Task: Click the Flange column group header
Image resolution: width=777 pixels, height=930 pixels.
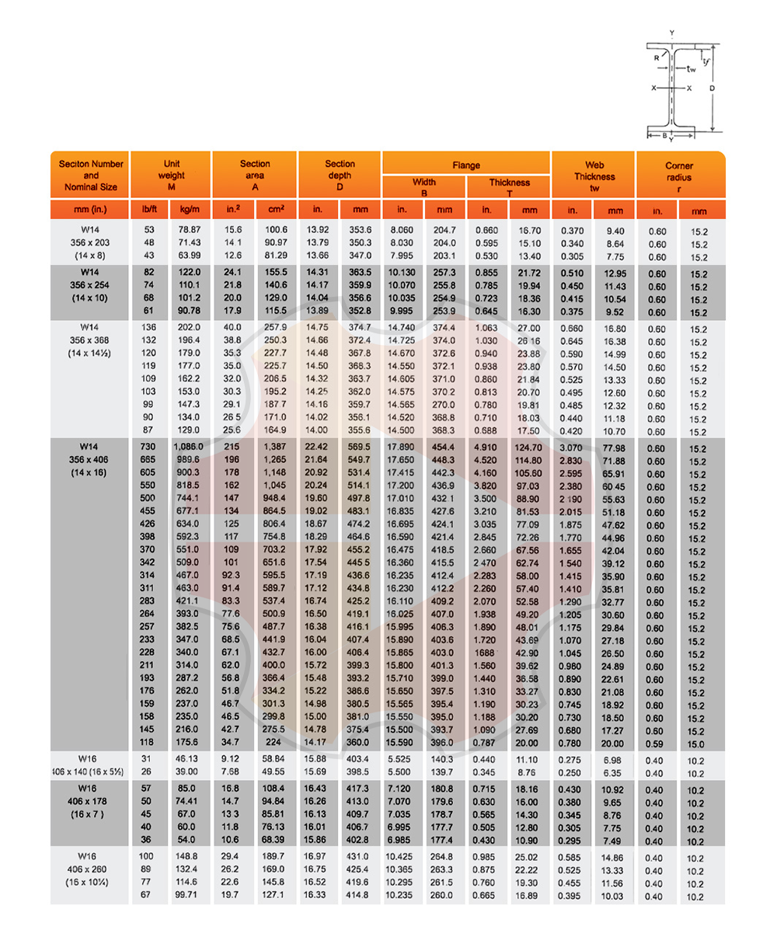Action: click(466, 165)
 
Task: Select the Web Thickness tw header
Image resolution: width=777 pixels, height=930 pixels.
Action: click(594, 176)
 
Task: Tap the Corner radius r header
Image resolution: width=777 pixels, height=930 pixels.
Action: click(679, 176)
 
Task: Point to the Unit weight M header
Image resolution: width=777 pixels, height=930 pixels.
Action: click(171, 176)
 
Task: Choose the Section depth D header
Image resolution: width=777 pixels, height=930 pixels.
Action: click(340, 176)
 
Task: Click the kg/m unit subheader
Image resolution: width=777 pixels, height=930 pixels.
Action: click(190, 210)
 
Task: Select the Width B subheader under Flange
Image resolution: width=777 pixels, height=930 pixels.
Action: click(423, 187)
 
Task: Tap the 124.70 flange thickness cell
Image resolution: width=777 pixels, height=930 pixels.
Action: click(529, 447)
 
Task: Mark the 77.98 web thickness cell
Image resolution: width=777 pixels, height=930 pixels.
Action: click(615, 448)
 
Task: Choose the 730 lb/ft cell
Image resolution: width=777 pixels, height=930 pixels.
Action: click(149, 447)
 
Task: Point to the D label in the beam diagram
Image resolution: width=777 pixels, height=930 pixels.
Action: click(712, 89)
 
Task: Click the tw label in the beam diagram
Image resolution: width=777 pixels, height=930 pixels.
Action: click(690, 68)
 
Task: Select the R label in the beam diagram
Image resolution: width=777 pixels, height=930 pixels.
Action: click(657, 57)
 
